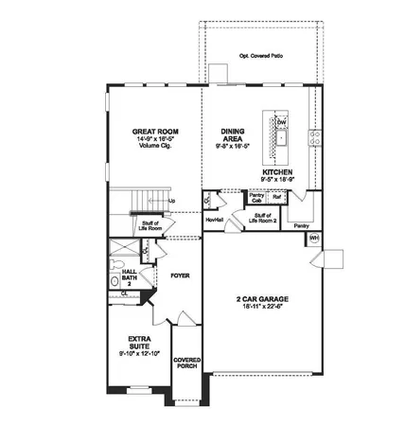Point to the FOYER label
coord(181,276)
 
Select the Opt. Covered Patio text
coord(261,56)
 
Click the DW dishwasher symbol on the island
coord(281,123)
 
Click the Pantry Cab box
coord(255,199)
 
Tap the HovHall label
coord(214,220)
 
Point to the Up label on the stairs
coord(171,201)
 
